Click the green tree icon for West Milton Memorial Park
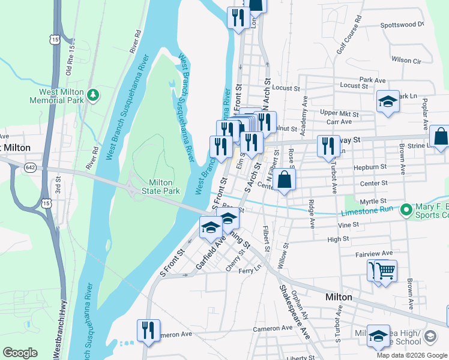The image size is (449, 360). coord(92,95)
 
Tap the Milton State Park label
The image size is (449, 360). coord(160,187)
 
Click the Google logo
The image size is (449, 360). coord(20,353)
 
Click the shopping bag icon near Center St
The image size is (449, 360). coord(286,180)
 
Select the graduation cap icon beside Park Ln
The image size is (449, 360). coord(388,103)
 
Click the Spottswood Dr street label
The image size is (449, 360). coord(402,25)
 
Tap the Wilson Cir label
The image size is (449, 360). coord(406,60)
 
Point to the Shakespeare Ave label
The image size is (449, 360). coord(294,312)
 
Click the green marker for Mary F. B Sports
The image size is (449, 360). coord(406,210)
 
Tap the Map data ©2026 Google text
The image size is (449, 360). coord(412,355)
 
